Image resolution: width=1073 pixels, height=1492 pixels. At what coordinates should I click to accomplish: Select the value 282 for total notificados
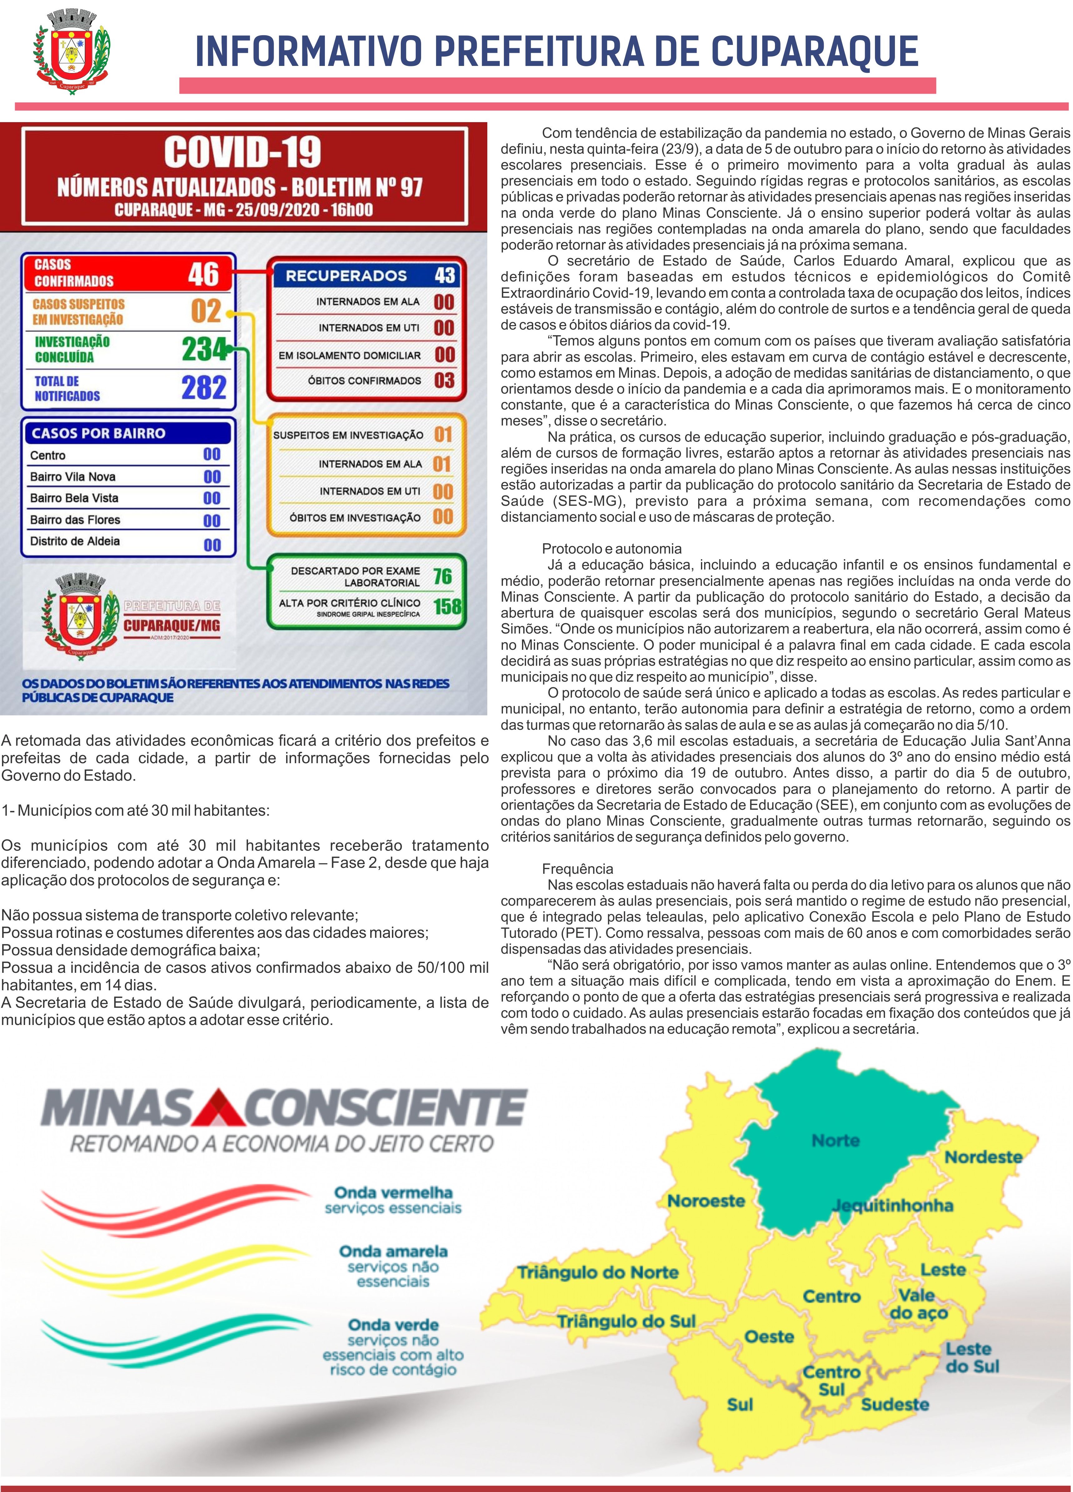[x=204, y=387]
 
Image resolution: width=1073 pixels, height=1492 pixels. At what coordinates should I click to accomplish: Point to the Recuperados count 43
[x=445, y=275]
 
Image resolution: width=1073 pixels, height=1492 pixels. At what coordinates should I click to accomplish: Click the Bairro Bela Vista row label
[x=74, y=498]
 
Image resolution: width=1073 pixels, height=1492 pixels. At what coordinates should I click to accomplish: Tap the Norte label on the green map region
[x=836, y=1140]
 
